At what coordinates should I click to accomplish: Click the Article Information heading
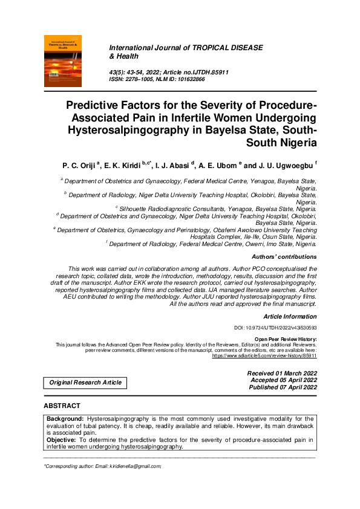[290, 316]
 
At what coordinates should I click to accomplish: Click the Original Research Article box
[85, 382]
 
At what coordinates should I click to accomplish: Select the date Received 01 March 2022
[281, 374]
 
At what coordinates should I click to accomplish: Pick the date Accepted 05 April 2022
[283, 380]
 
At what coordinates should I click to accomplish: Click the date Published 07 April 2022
[282, 387]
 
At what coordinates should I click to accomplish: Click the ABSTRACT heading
[62, 405]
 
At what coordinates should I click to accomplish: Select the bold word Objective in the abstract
[63, 440]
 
